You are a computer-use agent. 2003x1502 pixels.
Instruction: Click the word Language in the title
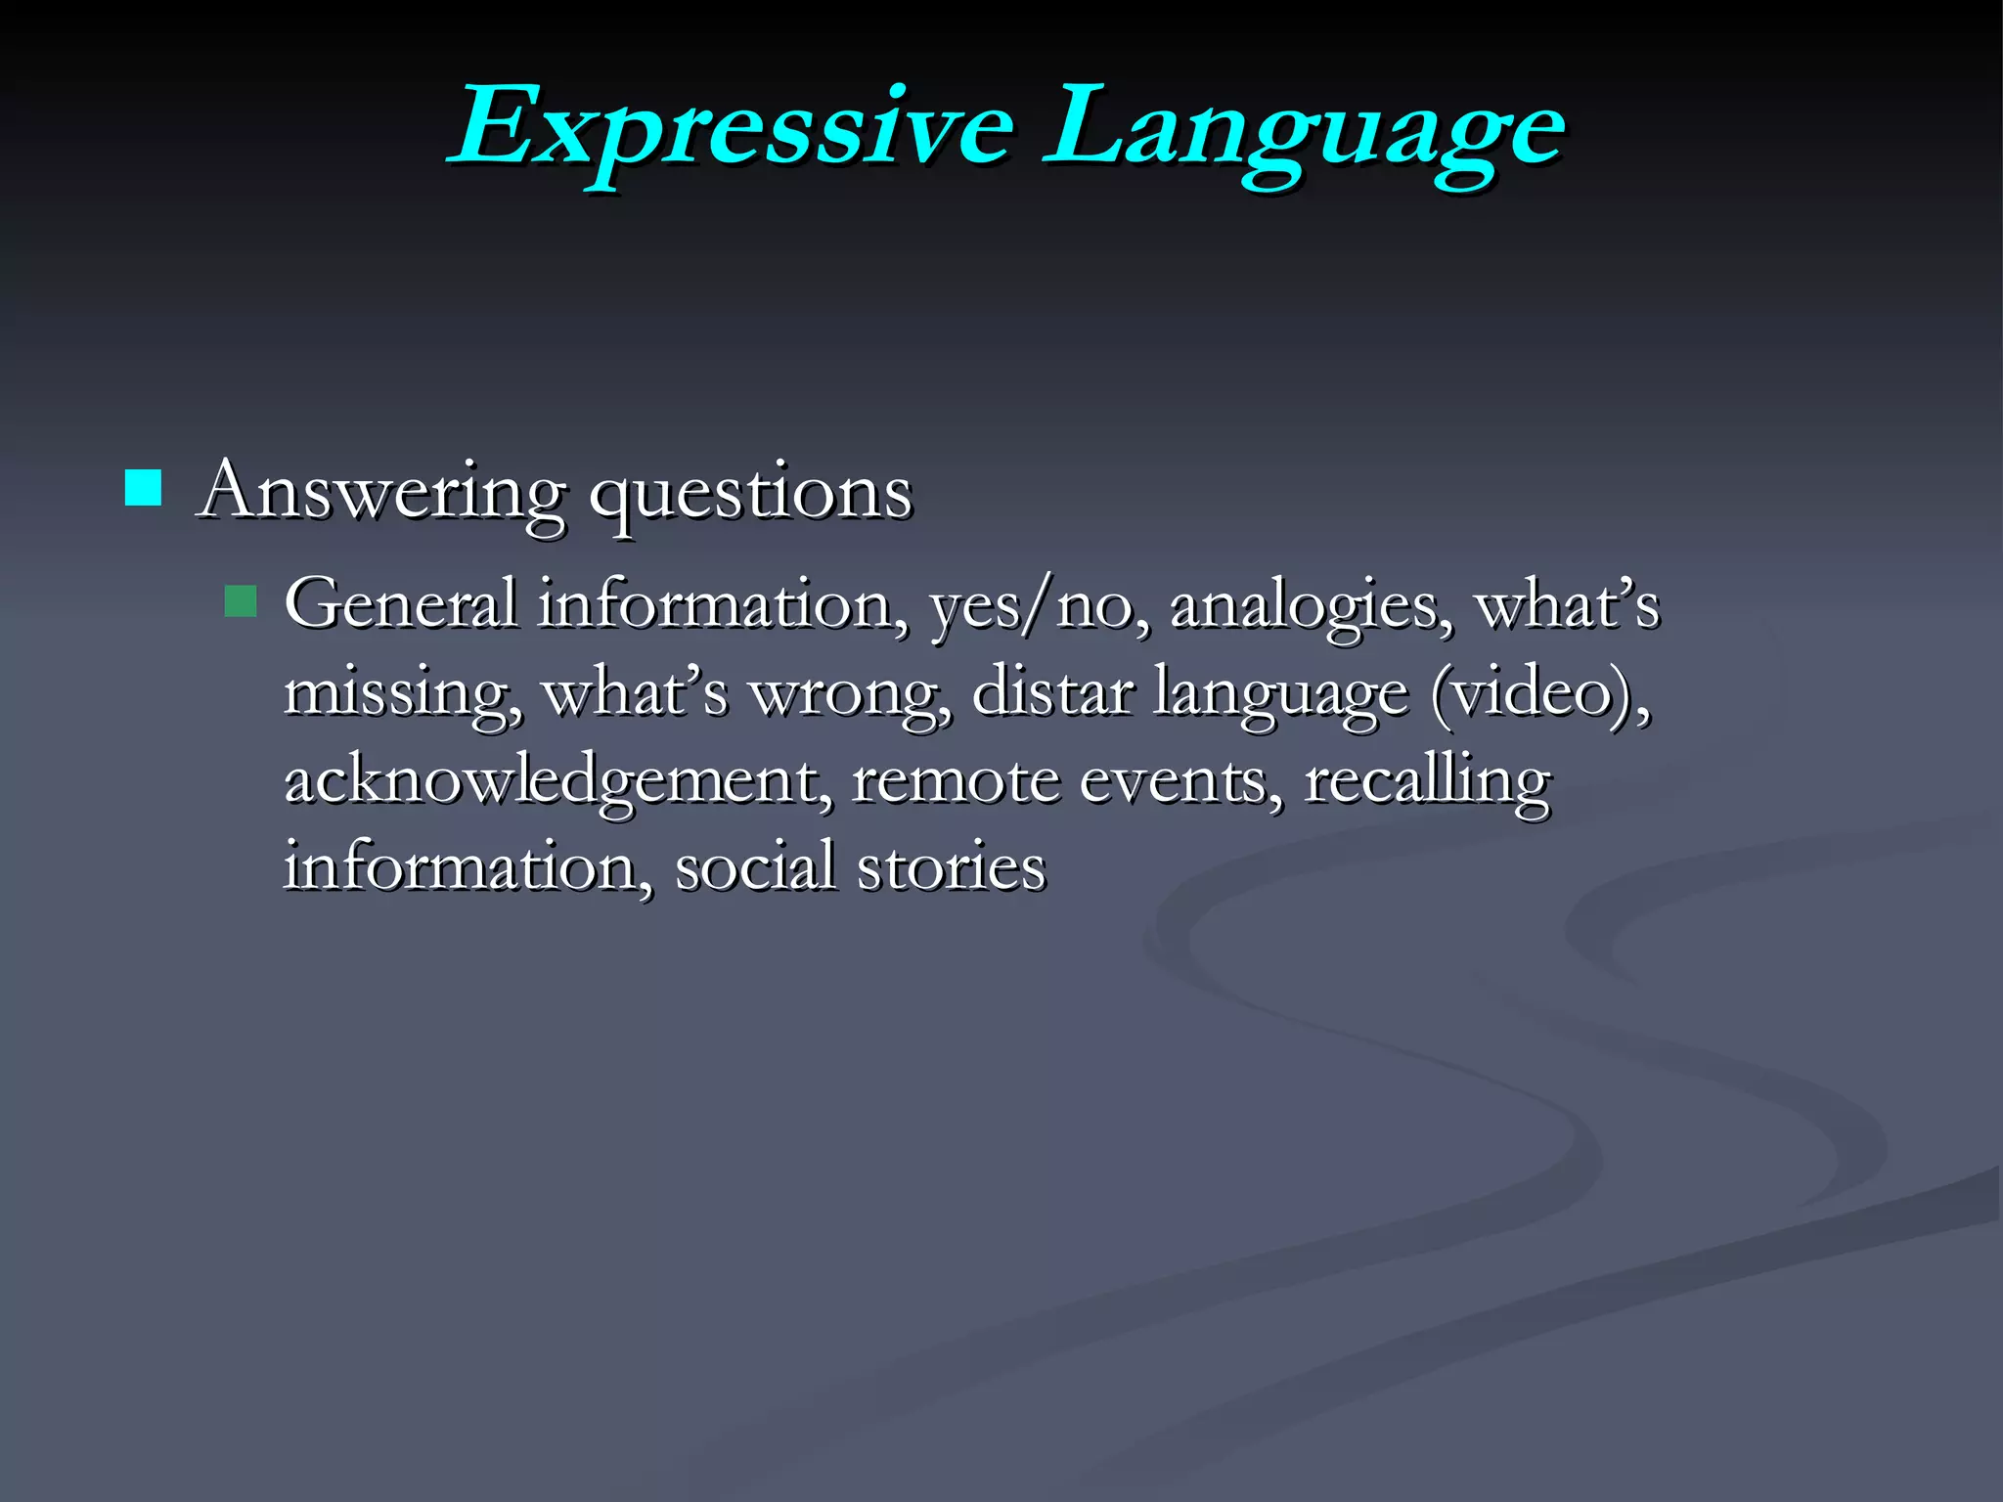pyautogui.click(x=1303, y=129)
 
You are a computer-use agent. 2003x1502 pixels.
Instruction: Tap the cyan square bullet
pyautogui.click(x=143, y=487)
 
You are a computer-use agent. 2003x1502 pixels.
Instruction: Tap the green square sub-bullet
pyautogui.click(x=240, y=600)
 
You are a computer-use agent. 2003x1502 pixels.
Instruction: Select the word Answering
pyautogui.click(x=381, y=491)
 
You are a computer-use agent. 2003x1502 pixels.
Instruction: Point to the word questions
pyautogui.click(x=750, y=493)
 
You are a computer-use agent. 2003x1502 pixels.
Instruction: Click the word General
pyautogui.click(x=401, y=603)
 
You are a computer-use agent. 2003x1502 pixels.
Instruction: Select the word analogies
pyautogui.click(x=1311, y=606)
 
